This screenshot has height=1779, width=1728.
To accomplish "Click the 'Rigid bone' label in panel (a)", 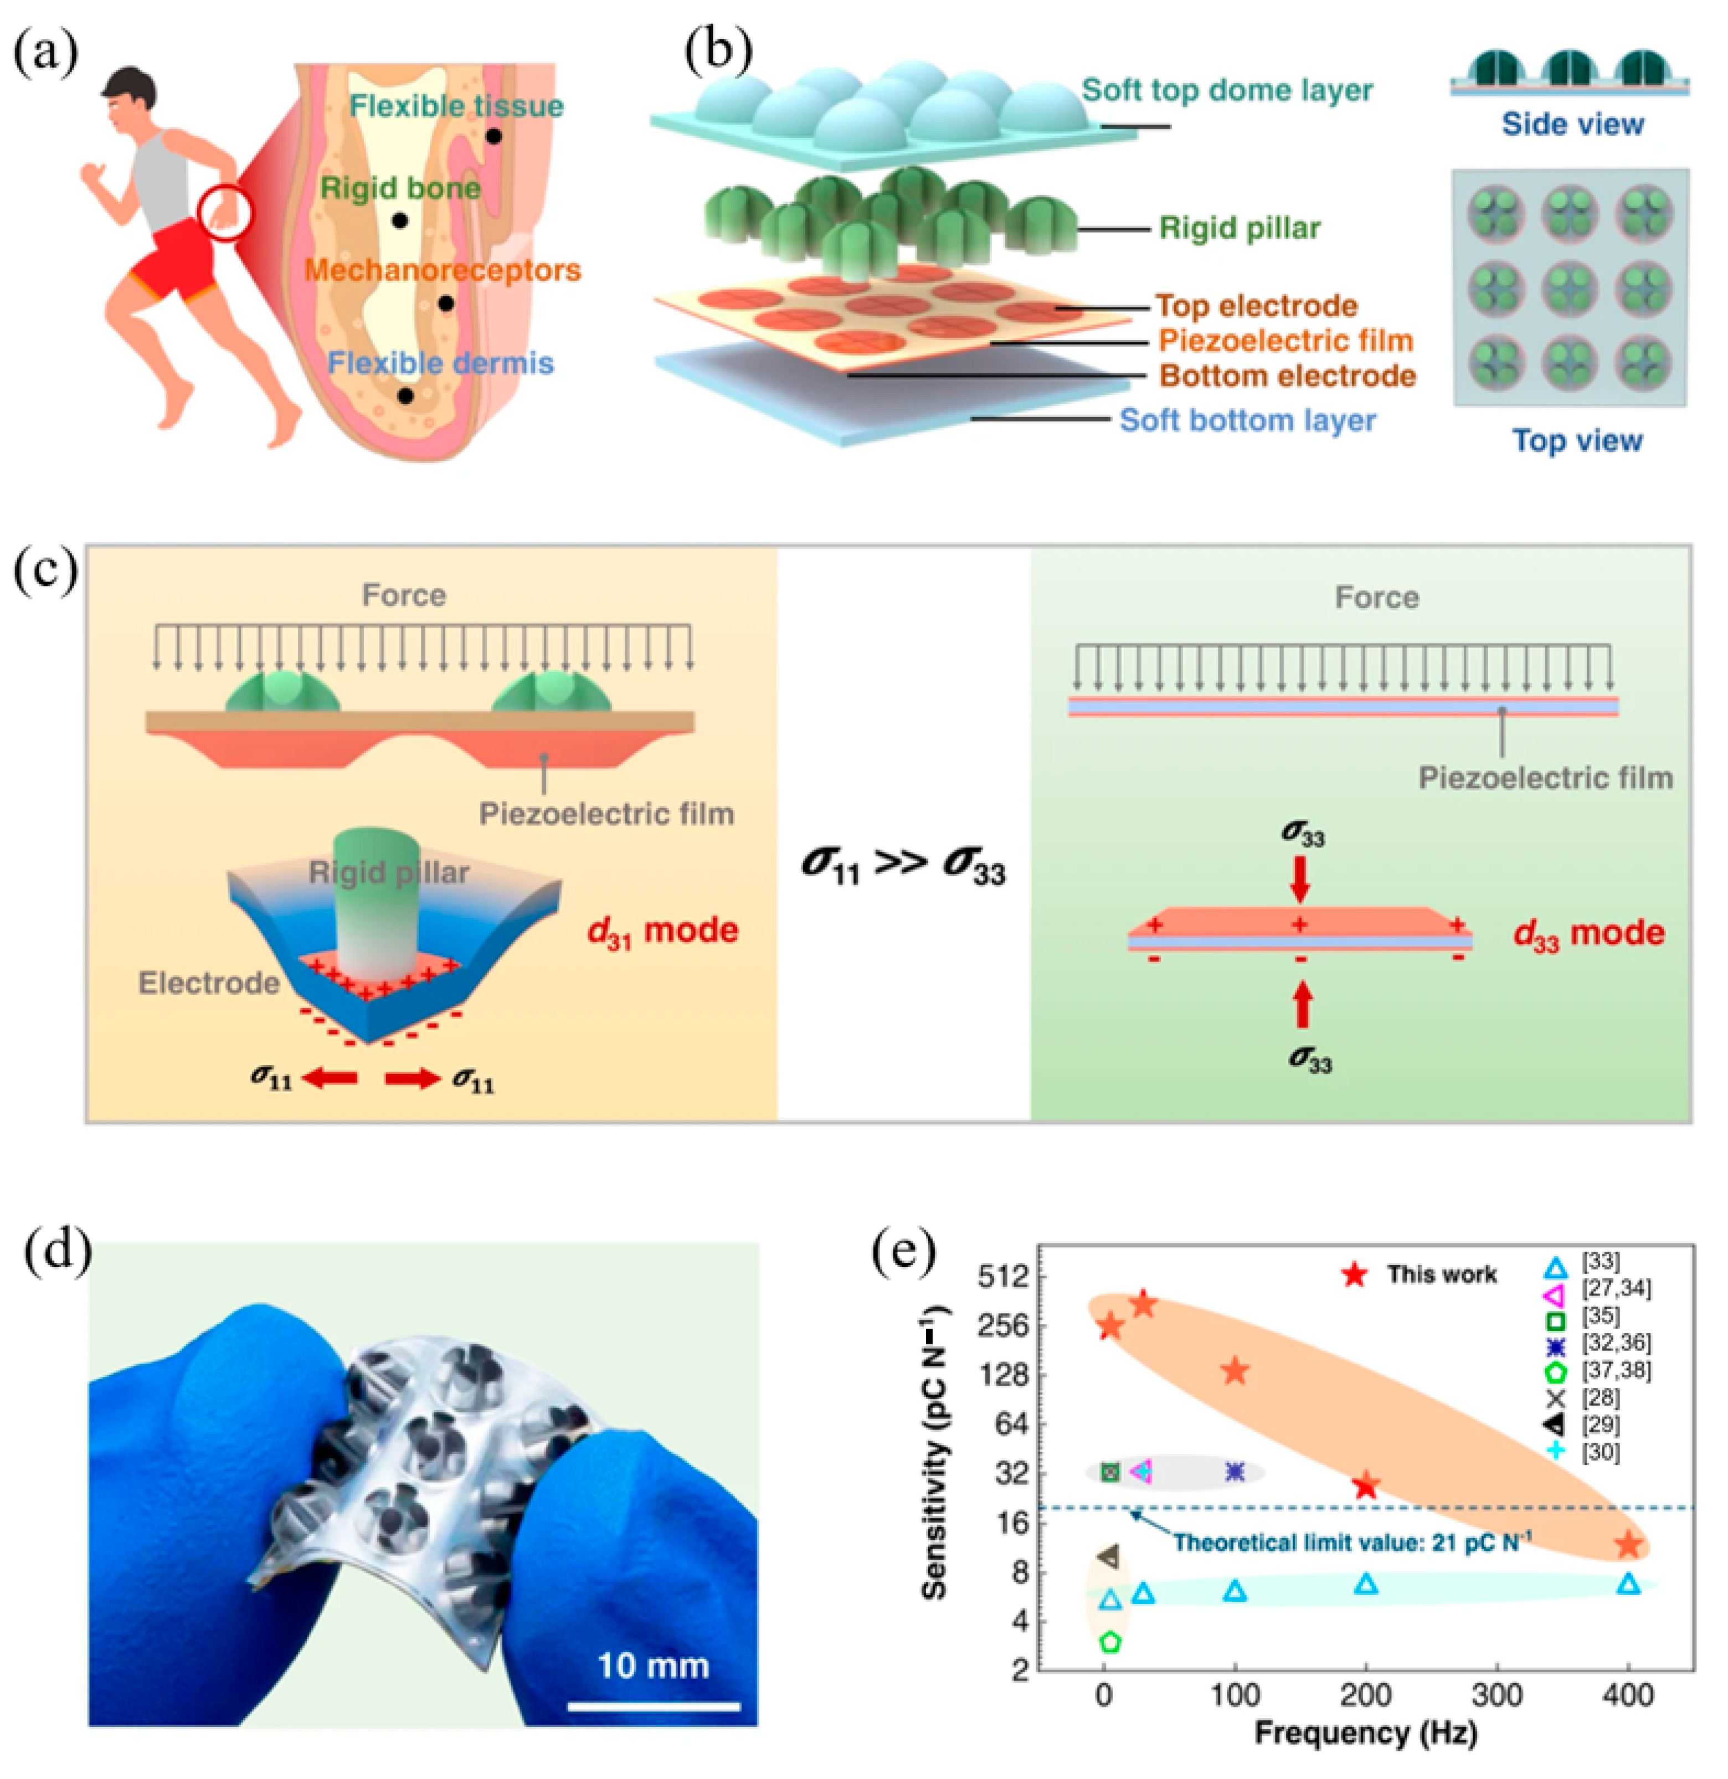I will pyautogui.click(x=400, y=189).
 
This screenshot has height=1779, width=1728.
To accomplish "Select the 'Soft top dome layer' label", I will pyautogui.click(x=1227, y=90).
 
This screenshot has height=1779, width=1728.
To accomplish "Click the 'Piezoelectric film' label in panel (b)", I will pyautogui.click(x=1285, y=341).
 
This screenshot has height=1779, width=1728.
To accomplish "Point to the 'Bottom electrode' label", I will pyautogui.click(x=1287, y=376).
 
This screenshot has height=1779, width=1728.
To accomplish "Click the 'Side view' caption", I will pyautogui.click(x=1572, y=125).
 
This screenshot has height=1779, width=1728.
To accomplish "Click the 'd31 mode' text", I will pyautogui.click(x=664, y=930).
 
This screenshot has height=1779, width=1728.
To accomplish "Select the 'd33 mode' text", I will pyautogui.click(x=1588, y=934).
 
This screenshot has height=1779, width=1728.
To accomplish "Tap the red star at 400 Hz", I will pyautogui.click(x=1629, y=1544).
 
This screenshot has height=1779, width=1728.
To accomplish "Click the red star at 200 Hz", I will pyautogui.click(x=1366, y=1486).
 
